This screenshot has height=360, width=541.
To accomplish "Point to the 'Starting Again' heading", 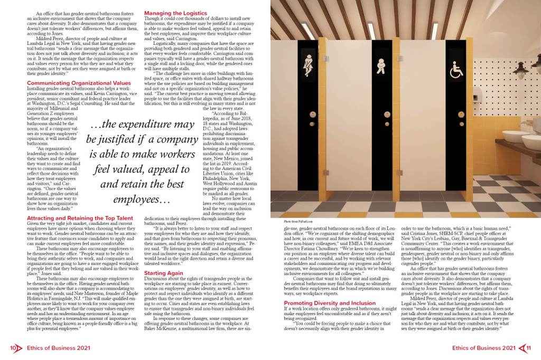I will (164, 272).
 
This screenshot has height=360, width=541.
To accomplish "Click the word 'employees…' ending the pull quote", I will (139, 199).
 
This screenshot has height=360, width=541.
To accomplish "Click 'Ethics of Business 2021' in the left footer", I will (53, 348).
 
